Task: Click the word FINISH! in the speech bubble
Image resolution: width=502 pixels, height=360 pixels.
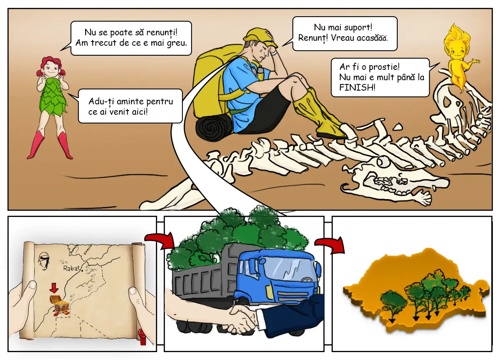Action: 357,88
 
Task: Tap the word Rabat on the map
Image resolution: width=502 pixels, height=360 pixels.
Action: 71,268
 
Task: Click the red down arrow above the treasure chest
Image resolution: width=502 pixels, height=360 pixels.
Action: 54,288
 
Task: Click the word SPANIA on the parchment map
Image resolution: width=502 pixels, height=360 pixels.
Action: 88,250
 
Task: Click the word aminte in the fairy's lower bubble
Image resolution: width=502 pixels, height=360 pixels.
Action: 130,101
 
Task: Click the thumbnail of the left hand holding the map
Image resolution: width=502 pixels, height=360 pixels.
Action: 32,285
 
